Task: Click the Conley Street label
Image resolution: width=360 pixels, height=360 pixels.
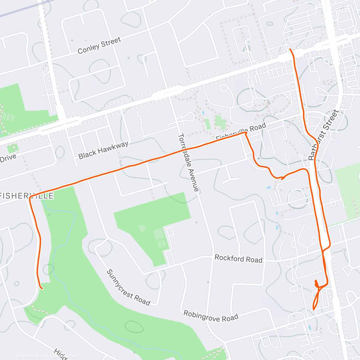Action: pyautogui.click(x=99, y=46)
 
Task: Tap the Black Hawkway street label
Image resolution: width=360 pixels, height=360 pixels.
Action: pyautogui.click(x=103, y=150)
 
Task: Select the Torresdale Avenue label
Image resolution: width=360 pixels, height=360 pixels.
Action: pyautogui.click(x=188, y=162)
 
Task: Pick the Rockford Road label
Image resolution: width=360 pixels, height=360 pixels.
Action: pyautogui.click(x=238, y=259)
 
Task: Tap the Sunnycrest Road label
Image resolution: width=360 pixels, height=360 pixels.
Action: pyautogui.click(x=128, y=287)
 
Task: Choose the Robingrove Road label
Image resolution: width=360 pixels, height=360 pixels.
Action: pyautogui.click(x=211, y=316)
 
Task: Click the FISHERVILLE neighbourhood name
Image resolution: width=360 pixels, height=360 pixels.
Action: pyautogui.click(x=27, y=196)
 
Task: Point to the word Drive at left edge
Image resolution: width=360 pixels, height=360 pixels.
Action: pyautogui.click(x=8, y=158)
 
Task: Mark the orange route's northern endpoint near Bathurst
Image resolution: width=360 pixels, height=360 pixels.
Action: pyautogui.click(x=290, y=49)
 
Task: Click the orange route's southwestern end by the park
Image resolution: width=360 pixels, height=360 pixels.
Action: pyautogui.click(x=42, y=289)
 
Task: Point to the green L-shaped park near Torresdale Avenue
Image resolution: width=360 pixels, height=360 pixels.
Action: pyautogui.click(x=150, y=222)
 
